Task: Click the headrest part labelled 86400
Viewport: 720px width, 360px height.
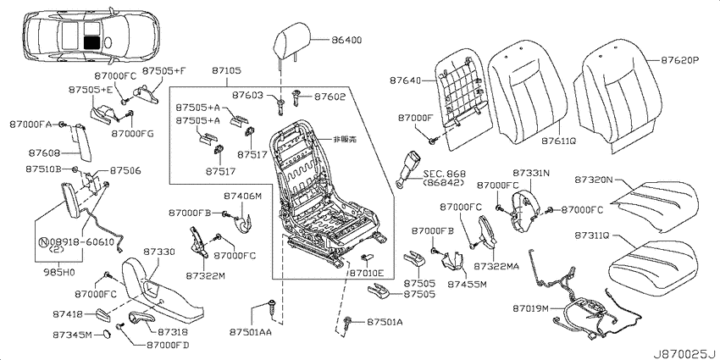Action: pyautogui.click(x=291, y=41)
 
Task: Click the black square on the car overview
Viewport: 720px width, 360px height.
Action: pyautogui.click(x=91, y=42)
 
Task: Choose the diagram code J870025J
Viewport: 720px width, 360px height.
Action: pyautogui.click(x=685, y=354)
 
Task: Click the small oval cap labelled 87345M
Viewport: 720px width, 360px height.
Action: pyautogui.click(x=106, y=334)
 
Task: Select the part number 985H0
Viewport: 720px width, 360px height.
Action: pyautogui.click(x=60, y=272)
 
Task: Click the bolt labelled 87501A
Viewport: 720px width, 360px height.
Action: pyautogui.click(x=347, y=323)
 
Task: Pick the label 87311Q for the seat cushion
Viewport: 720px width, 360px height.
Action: pyautogui.click(x=591, y=235)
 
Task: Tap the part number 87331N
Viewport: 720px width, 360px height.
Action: pyautogui.click(x=530, y=173)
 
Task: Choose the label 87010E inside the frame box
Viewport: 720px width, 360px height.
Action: pyautogui.click(x=367, y=274)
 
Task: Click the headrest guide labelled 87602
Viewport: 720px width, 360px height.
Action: pyautogui.click(x=296, y=97)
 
